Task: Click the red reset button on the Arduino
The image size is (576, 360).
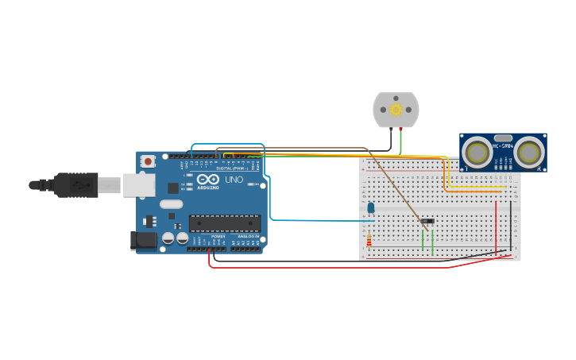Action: pyautogui.click(x=148, y=161)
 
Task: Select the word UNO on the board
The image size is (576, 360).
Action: pyautogui.click(x=234, y=180)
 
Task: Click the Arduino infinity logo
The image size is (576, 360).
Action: pyautogui.click(x=215, y=180)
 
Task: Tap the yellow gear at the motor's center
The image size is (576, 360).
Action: pyautogui.click(x=396, y=109)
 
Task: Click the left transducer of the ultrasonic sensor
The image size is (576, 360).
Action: pyautogui.click(x=477, y=152)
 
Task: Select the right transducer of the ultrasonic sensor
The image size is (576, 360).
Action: pyautogui.click(x=528, y=152)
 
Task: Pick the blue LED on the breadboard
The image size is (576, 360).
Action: pyautogui.click(x=371, y=207)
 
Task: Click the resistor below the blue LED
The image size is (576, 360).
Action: pyautogui.click(x=369, y=240)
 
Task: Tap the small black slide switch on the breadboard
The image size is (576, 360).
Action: pyautogui.click(x=427, y=220)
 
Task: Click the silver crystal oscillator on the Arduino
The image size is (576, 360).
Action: pyautogui.click(x=171, y=204)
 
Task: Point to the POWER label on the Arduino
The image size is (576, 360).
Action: pyautogui.click(x=218, y=237)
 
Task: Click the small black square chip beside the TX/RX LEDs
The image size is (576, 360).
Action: pyautogui.click(x=173, y=188)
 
